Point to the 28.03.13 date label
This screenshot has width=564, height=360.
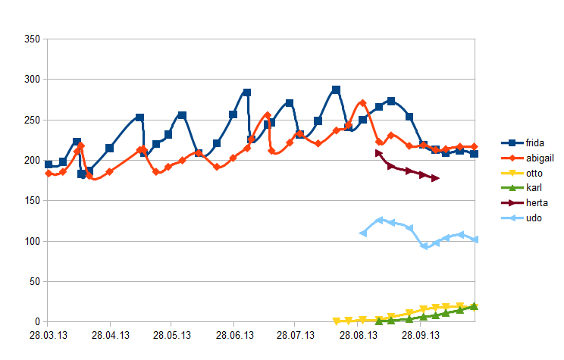tap(48, 333)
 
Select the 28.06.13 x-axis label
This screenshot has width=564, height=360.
tap(234, 333)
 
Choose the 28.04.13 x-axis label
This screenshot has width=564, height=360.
tap(110, 333)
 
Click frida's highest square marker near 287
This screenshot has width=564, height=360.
tap(336, 90)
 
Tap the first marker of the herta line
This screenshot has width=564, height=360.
tap(379, 153)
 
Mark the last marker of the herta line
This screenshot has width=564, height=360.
tap(435, 178)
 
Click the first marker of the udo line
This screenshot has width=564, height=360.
tap(363, 233)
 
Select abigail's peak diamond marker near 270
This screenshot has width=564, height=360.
tap(362, 103)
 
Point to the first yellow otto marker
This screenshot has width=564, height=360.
tap(337, 321)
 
